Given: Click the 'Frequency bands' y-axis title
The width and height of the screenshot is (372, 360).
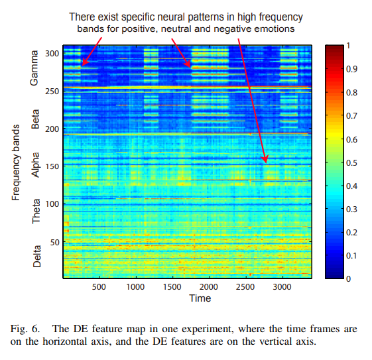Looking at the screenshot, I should [15, 160].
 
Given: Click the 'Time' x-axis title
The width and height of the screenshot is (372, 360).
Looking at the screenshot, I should [199, 298].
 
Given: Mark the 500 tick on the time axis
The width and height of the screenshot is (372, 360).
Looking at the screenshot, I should [99, 288].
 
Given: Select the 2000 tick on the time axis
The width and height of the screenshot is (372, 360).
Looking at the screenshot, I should [209, 288].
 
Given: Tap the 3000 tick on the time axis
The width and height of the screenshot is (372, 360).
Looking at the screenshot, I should [282, 288].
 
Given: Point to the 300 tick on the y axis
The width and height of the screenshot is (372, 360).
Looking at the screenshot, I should [52, 53].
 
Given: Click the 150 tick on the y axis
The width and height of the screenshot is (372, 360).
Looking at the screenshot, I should [52, 166].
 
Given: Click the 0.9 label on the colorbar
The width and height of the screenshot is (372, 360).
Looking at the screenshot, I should [353, 68].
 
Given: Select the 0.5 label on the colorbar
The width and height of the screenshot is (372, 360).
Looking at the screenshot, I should [353, 162].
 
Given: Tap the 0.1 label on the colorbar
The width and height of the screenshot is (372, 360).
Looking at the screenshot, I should [353, 256].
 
